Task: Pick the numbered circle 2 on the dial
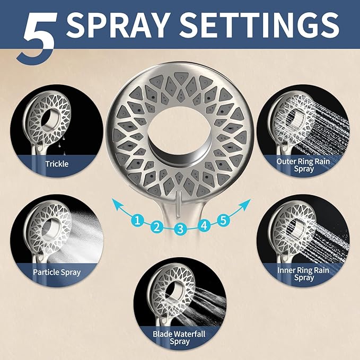(156, 227)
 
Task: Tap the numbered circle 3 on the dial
(180, 229)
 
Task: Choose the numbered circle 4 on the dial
(204, 225)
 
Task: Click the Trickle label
(57, 164)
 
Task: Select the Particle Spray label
(57, 272)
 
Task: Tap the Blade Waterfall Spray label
(180, 337)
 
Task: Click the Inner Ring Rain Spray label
(303, 274)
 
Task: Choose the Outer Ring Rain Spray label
(303, 165)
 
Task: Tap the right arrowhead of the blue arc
(247, 200)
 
